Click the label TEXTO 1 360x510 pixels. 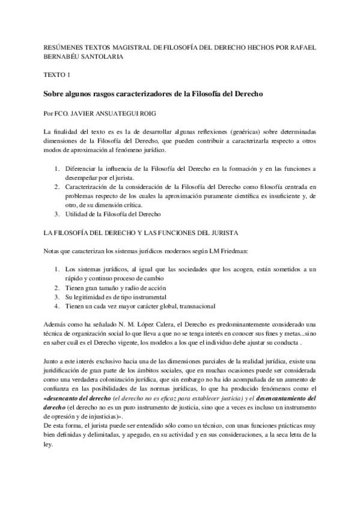58,76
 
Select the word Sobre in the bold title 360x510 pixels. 56,94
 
